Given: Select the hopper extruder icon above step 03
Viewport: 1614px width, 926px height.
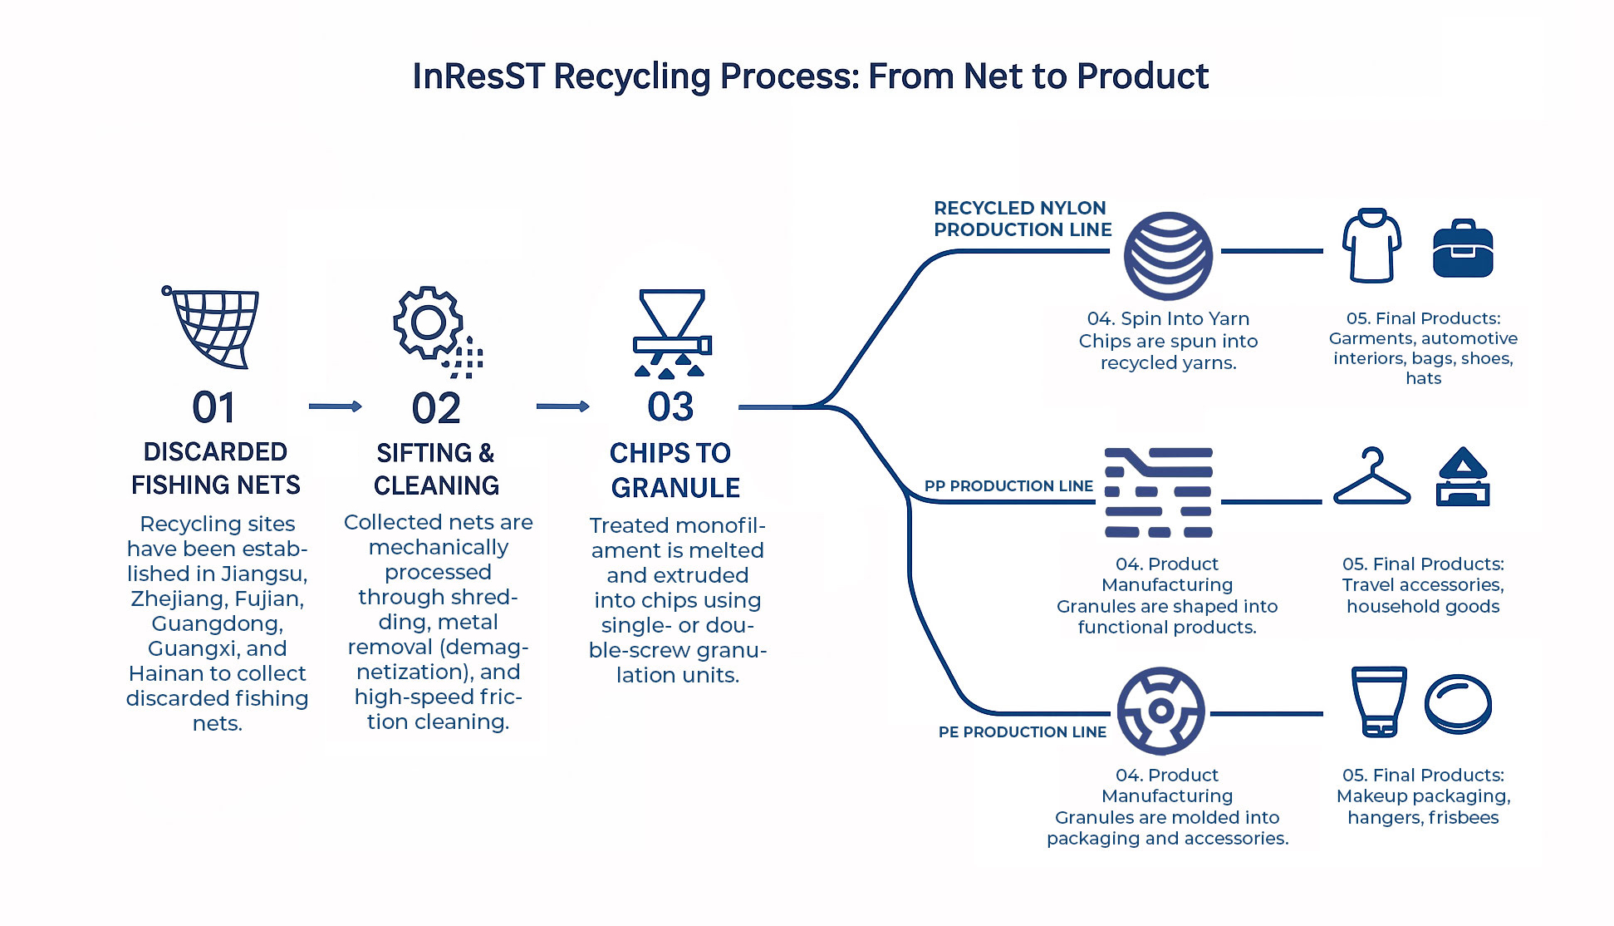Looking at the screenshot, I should pos(672,332).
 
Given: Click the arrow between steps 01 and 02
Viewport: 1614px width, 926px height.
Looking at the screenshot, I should pos(335,406).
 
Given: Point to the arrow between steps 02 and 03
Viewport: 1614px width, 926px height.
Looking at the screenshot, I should pos(562,406).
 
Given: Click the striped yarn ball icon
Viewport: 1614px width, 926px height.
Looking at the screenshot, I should pos(1168,256).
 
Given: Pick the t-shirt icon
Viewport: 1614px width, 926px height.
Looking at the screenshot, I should pos(1371,246).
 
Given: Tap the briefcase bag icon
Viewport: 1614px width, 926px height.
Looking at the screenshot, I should pos(1463,249).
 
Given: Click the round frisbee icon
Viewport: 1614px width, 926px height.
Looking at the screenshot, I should pos(1458,703).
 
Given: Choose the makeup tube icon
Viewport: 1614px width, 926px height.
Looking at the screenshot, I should pos(1379,701).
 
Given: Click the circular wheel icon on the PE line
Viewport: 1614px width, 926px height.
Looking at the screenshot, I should pos(1160,711).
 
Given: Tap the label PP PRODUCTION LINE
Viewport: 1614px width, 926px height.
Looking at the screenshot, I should pos(1008,486).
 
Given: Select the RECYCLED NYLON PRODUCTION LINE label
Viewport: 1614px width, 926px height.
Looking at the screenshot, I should pos(1022,219).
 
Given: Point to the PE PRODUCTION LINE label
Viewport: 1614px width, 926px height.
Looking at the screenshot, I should pos(1022,732).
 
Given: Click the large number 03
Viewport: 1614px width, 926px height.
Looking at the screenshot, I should pos(670,407).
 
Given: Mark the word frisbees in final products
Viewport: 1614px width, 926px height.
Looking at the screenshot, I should pos(1464,818).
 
